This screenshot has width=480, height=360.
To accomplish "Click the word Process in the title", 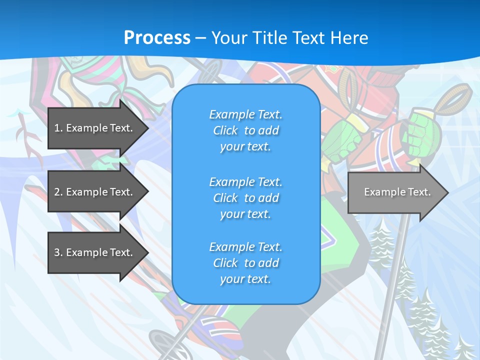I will point(157,38).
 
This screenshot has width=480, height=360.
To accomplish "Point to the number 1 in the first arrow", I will point(57,128).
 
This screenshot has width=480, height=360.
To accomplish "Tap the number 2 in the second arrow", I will point(57,192).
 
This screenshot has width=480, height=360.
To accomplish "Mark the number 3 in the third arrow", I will point(57,252).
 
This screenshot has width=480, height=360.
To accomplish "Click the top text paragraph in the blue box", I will point(245,130).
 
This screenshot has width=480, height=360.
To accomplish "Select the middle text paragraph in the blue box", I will point(245,198).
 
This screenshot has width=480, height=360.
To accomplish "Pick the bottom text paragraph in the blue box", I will point(245,263).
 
